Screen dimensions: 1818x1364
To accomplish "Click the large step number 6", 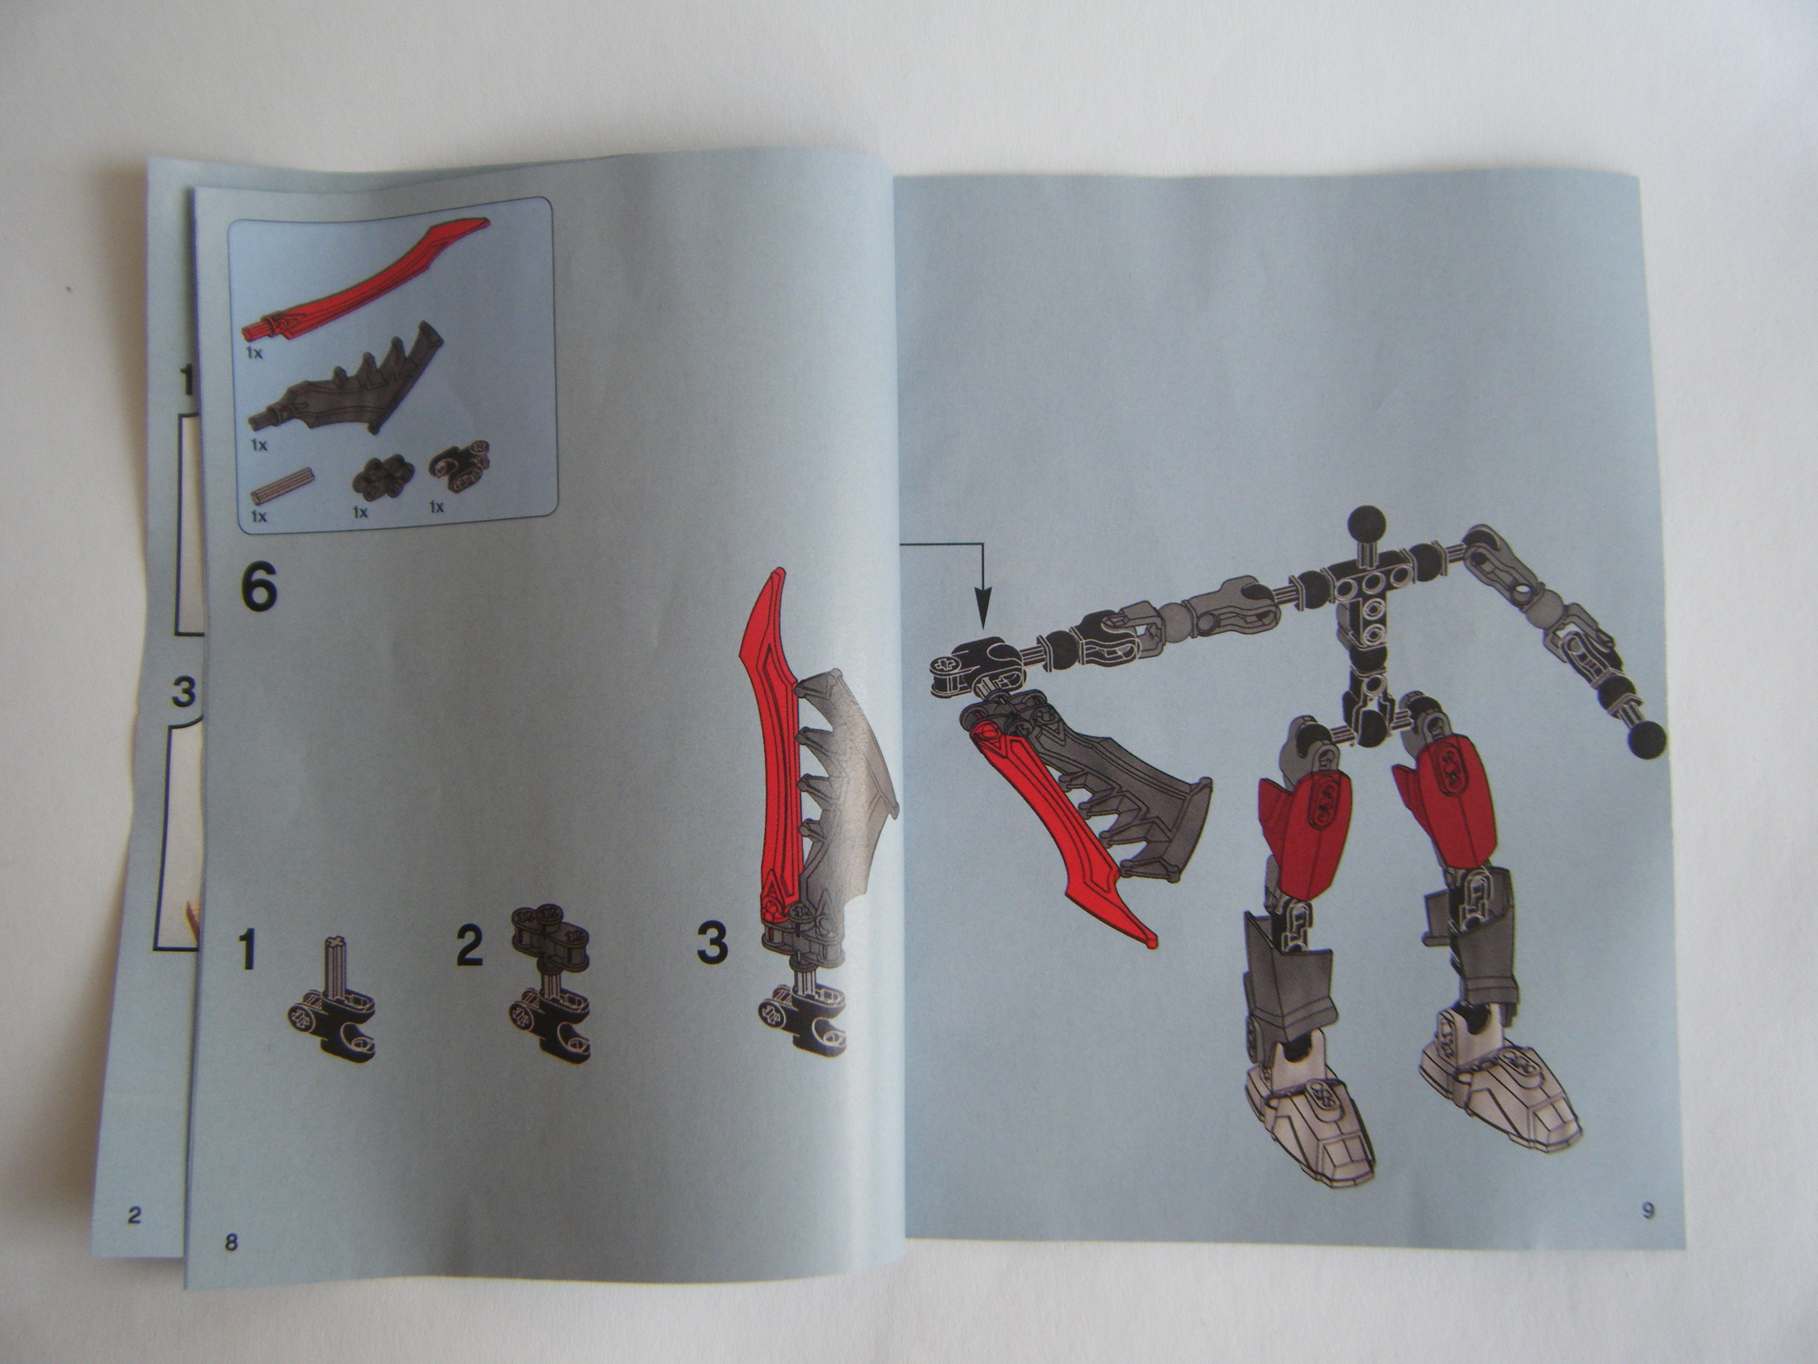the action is pos(259,589).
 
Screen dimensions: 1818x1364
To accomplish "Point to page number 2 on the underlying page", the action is pos(135,1214).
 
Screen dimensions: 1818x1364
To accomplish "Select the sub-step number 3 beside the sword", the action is pos(712,943).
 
